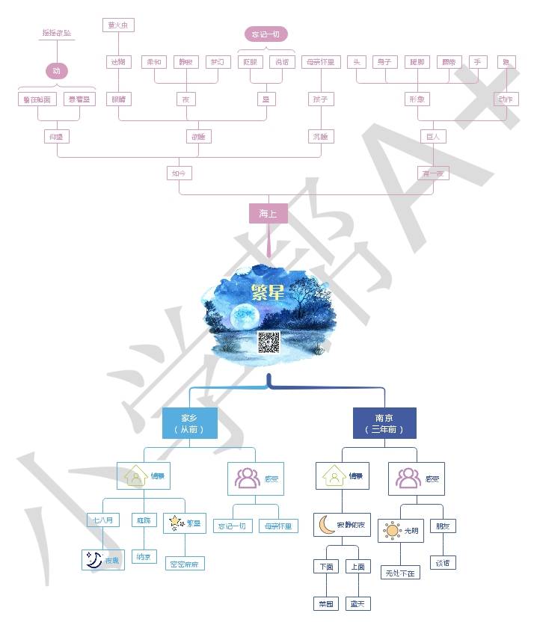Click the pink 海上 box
pos(268,214)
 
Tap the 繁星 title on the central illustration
pos(267,292)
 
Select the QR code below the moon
pos(268,342)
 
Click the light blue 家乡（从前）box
pos(189,423)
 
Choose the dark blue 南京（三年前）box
pos(384,423)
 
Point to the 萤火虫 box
pos(118,25)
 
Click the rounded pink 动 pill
pos(57,71)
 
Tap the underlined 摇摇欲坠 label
pos(57,34)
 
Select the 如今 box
pos(179,173)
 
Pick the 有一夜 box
pos(433,173)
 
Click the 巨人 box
pos(433,136)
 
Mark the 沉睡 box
pos(320,136)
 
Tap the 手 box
pos(476,62)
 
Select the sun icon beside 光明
pos(392,531)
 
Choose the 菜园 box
pos(325,603)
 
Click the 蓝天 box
pos(358,603)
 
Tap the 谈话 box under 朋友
pos(442,563)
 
